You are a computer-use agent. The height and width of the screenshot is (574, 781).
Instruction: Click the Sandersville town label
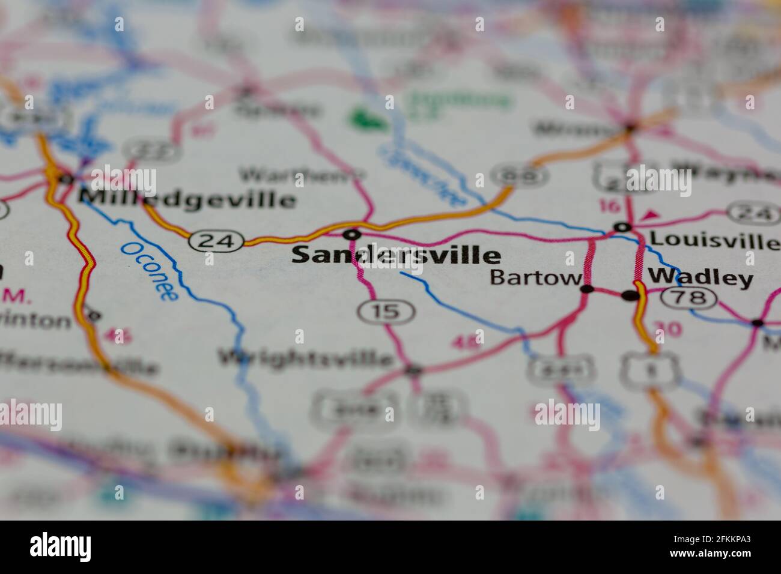coord(396,256)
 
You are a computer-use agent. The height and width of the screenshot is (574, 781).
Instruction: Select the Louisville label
coord(714,240)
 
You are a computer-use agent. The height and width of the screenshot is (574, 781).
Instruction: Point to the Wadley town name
coord(700,278)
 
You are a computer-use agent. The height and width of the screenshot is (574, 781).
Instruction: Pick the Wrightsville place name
coord(306,358)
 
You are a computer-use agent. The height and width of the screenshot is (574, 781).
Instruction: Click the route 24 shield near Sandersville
coord(216,241)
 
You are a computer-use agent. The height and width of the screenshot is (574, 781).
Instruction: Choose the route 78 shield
coord(688,297)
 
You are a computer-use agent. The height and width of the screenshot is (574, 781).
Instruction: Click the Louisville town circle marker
coord(623,227)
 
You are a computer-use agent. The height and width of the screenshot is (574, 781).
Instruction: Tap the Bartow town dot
coord(587,289)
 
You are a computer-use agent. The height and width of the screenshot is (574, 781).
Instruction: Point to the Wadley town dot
coord(630,295)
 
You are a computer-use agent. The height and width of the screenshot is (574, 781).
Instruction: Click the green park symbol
coord(368,118)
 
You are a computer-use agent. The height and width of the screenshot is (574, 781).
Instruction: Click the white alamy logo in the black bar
coord(60,546)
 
